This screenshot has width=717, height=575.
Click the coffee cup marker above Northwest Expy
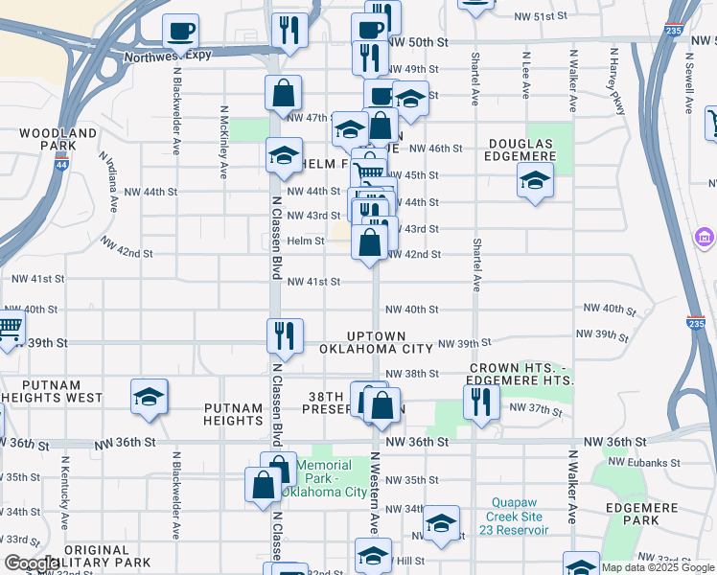pos(180,32)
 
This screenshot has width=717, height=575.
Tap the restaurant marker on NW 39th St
pos(285,335)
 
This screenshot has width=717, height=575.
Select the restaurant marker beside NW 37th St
pos(481,401)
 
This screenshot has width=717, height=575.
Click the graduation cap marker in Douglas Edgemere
pos(535,179)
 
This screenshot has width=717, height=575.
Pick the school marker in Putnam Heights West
pos(150,397)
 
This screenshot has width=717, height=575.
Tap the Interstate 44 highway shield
pos(62,165)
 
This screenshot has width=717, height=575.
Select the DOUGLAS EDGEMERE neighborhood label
pos(522,150)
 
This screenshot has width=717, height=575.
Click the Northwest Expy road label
pos(169,57)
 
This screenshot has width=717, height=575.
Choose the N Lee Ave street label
pos(526,75)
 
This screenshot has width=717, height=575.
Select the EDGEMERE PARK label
pos(629,514)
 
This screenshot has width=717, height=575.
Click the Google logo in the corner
pos(32,563)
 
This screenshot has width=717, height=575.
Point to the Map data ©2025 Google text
pos(658,567)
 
